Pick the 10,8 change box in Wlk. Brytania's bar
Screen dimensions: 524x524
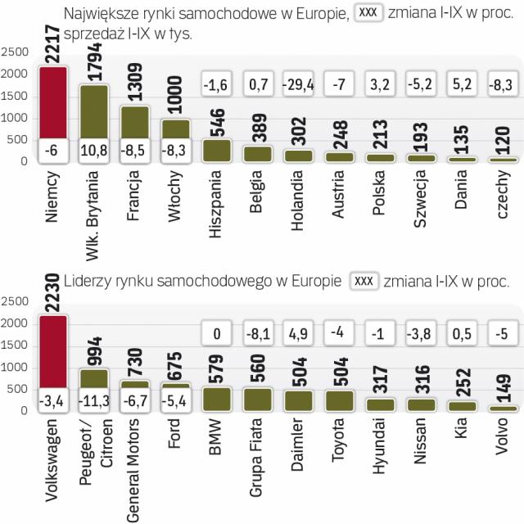94,151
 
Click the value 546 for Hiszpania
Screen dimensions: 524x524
218,121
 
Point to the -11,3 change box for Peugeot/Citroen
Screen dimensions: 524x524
94,400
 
